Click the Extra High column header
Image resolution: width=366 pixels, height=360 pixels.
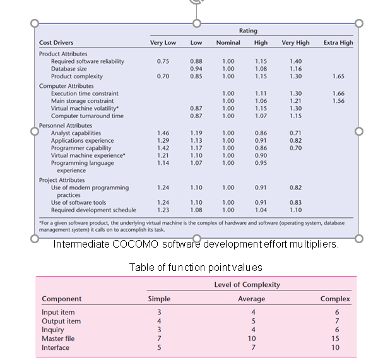click(x=338, y=43)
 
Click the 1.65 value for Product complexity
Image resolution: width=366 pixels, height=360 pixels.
click(x=338, y=76)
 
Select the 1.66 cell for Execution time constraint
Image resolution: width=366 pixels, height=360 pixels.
click(x=338, y=93)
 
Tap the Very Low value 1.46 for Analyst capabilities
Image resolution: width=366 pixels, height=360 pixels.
click(x=163, y=133)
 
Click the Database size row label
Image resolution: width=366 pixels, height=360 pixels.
click(x=69, y=69)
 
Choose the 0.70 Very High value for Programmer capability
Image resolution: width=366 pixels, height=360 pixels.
click(x=295, y=148)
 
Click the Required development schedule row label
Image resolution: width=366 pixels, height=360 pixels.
click(x=93, y=210)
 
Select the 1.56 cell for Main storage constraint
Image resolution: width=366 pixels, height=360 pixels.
click(x=338, y=101)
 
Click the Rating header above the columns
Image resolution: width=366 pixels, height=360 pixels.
click(x=248, y=30)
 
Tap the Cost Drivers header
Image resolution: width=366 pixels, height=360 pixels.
click(x=56, y=43)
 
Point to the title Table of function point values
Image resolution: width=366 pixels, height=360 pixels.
click(x=196, y=267)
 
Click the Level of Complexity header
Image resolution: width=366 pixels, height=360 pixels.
click(x=251, y=285)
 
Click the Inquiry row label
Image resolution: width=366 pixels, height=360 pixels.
click(x=53, y=330)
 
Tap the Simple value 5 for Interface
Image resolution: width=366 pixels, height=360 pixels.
click(x=159, y=347)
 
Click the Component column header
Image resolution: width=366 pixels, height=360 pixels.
click(x=62, y=299)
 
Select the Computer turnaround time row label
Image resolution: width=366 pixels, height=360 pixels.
click(x=87, y=116)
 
